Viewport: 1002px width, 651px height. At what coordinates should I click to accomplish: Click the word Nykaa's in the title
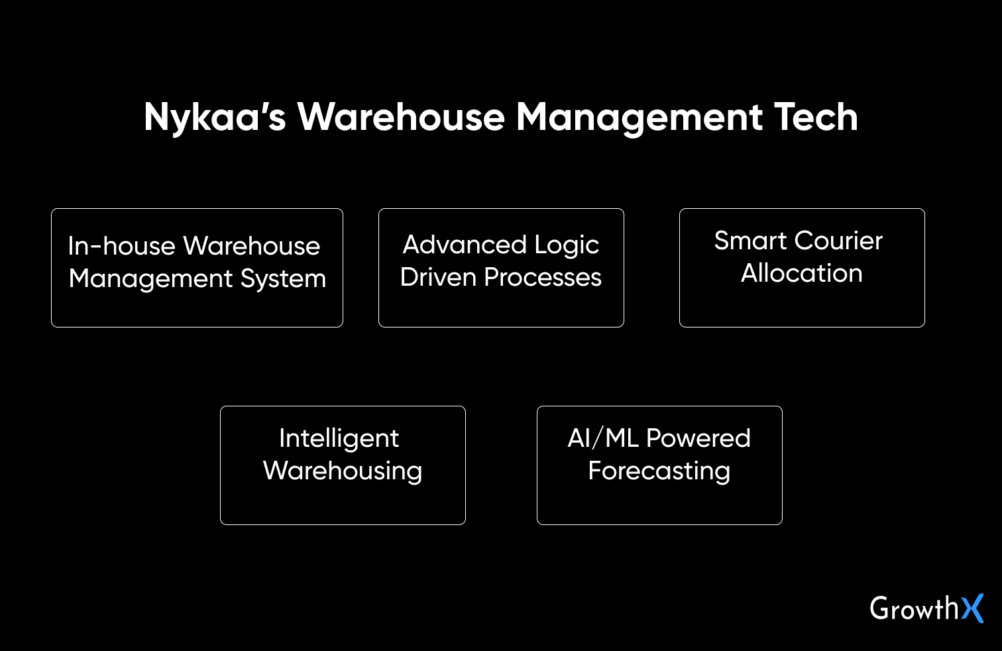[x=215, y=117]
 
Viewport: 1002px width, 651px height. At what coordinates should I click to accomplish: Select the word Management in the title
[x=640, y=117]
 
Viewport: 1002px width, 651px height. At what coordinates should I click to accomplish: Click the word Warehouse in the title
[x=401, y=117]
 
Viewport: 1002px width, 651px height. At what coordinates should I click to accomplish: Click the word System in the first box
[x=283, y=278]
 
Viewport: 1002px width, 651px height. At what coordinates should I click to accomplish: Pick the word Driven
[x=438, y=277]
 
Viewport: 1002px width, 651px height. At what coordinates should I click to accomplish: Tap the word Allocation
[x=802, y=273]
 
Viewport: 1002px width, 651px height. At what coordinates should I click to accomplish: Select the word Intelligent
[x=339, y=439]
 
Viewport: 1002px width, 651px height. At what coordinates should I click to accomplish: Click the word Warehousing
[x=343, y=471]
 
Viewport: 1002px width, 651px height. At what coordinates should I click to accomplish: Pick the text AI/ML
[x=603, y=438]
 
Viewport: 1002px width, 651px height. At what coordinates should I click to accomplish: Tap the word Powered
[x=698, y=438]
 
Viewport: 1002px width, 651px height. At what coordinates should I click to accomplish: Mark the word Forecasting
[x=659, y=471]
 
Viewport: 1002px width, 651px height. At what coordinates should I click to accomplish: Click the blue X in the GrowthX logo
[x=973, y=608]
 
